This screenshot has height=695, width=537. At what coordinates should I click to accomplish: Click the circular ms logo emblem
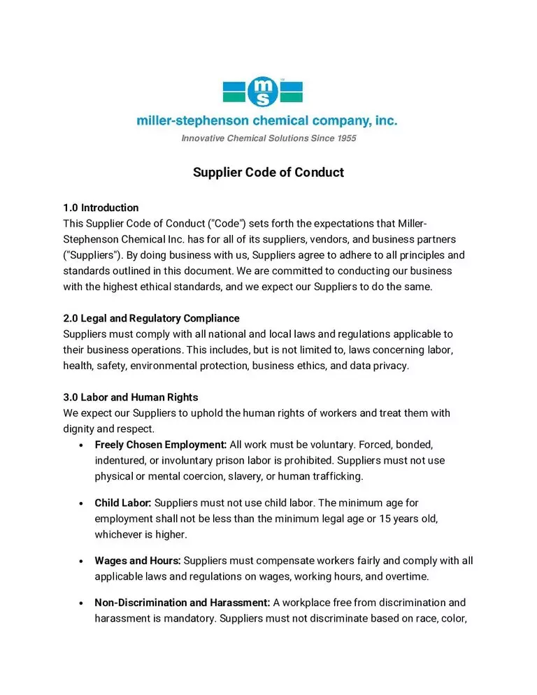[263, 91]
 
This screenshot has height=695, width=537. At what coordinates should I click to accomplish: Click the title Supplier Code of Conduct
[268, 172]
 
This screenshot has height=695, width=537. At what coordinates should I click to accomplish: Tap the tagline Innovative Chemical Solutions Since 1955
[268, 138]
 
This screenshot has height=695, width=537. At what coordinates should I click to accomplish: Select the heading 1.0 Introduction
[101, 208]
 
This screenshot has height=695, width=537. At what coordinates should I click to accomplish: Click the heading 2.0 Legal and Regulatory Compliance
[151, 318]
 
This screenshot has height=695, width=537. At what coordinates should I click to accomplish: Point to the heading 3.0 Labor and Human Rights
[131, 397]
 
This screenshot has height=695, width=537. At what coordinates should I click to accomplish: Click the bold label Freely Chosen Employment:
[161, 445]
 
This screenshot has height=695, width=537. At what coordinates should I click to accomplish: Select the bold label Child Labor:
[123, 503]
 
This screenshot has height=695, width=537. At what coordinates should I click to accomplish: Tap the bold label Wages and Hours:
[138, 561]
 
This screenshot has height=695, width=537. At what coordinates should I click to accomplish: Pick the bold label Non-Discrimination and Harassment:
[182, 603]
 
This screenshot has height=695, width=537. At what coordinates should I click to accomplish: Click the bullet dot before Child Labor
[83, 503]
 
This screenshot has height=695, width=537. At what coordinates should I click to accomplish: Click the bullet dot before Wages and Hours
[83, 561]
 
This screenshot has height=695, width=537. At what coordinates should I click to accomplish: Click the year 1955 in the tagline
[347, 138]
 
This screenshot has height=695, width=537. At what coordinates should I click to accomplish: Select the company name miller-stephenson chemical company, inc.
[267, 121]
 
